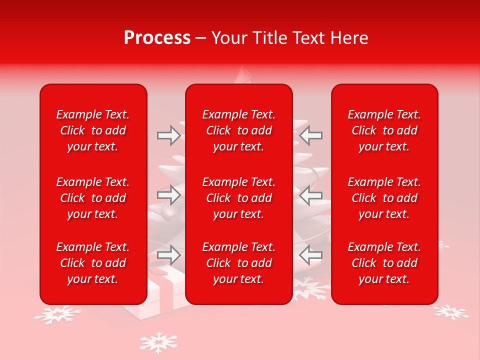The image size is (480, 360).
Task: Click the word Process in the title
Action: [157, 38]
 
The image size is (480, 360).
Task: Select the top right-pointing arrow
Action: [168, 135]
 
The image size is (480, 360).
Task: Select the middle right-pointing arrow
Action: [168, 195]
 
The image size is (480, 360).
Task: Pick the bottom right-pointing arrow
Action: [168, 255]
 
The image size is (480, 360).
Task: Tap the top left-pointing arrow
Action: [311, 135]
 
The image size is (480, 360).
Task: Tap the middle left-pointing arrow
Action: [311, 195]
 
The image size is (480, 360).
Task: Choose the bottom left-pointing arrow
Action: [311, 255]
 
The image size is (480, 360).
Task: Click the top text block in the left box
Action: [93, 130]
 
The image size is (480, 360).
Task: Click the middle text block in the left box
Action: [93, 198]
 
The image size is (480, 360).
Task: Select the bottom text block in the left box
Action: [93, 263]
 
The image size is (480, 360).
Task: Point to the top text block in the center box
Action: [238, 130]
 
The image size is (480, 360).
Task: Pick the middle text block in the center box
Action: [238, 198]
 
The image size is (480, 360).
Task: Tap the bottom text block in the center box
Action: [238, 263]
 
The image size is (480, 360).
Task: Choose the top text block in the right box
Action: [384, 130]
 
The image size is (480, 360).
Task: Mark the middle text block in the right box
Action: [384, 198]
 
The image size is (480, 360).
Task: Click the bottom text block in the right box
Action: [384, 263]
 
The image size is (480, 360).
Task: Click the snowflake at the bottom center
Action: [158, 343]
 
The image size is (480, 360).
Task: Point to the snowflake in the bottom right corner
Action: [450, 312]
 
